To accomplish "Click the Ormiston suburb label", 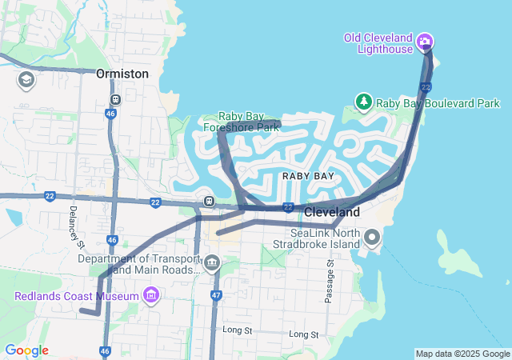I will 122,74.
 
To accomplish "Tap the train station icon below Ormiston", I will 116,100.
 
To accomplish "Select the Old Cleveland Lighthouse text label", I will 378,43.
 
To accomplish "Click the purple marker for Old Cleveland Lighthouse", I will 425,41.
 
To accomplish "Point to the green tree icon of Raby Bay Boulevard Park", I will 364,102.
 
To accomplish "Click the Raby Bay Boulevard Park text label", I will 438,103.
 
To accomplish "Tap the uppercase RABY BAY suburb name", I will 308,175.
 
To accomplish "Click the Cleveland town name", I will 332,213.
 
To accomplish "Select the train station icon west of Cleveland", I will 208,201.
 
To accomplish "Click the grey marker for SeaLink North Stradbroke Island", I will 372,237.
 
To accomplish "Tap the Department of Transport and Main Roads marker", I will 212,262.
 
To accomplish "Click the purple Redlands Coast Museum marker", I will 150,297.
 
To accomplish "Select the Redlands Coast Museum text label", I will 76,297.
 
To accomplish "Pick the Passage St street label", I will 329,280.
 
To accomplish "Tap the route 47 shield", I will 216,296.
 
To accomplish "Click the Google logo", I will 26,350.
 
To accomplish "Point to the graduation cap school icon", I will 26,80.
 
